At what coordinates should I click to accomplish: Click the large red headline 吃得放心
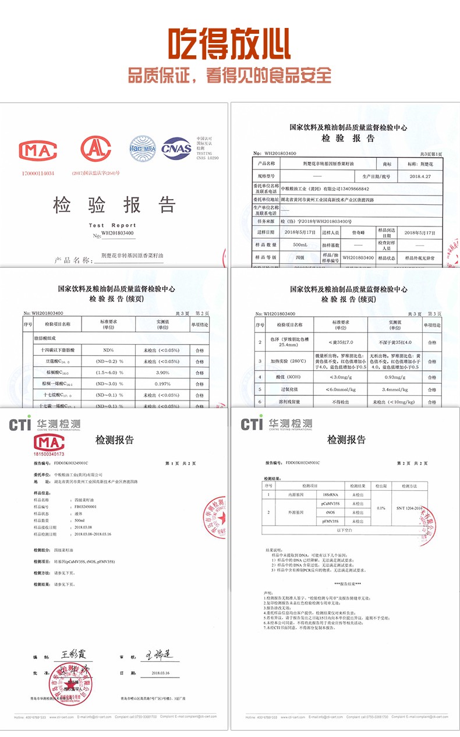[x=229, y=44]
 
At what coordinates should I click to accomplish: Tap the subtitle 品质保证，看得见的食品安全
[x=229, y=75]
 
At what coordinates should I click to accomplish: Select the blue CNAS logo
[x=176, y=148]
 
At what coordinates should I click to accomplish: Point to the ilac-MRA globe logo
[x=142, y=148]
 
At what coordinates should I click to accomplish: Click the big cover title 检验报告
[x=114, y=205]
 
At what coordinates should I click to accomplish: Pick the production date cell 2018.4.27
[x=419, y=176]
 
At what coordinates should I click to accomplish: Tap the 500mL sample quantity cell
[x=300, y=245]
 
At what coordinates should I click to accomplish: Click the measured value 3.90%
[x=162, y=373]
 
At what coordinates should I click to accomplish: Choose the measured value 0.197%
[x=162, y=384]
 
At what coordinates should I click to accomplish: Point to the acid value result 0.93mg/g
[x=398, y=377]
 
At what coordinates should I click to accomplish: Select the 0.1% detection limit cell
[x=381, y=508]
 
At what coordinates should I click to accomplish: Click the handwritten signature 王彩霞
[x=73, y=654]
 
